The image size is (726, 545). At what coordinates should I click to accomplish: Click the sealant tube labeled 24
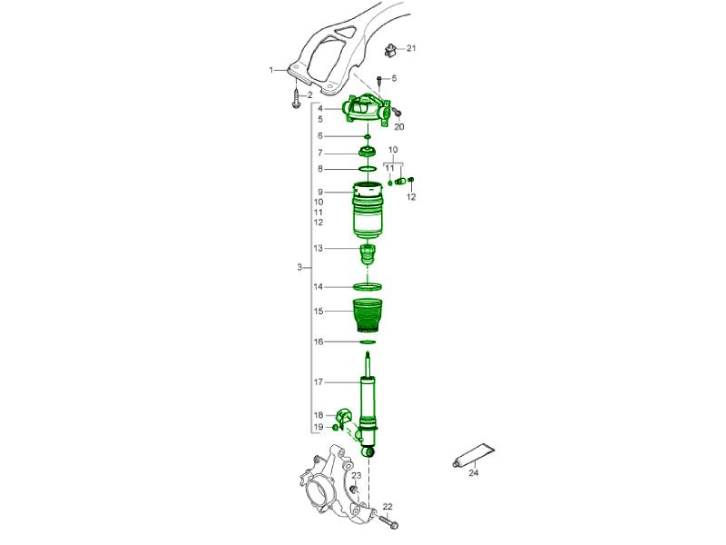[x=473, y=455]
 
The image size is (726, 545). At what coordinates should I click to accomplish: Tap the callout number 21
[x=411, y=48]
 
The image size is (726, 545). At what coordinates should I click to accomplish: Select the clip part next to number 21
[x=391, y=50]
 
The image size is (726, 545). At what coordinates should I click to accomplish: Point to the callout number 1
[x=271, y=70]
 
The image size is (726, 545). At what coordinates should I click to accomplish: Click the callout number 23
[x=356, y=475]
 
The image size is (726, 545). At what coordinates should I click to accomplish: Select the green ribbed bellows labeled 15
[x=368, y=315]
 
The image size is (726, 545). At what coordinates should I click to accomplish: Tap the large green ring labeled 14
[x=368, y=287]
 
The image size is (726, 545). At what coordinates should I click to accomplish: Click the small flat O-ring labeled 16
[x=368, y=342]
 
